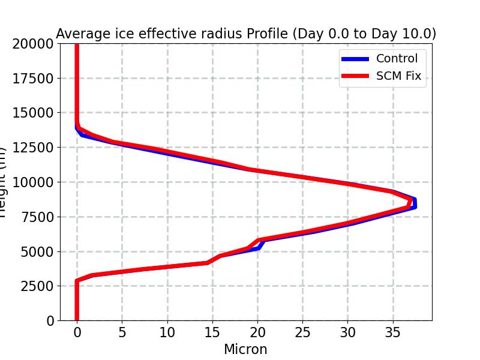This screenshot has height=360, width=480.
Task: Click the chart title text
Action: tap(245, 34)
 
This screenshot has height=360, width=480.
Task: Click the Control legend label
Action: tap(396, 59)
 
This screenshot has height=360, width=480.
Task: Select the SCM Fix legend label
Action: tap(398, 76)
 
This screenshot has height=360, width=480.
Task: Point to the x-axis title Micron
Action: tap(245, 349)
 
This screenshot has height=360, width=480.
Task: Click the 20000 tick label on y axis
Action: tap(32, 44)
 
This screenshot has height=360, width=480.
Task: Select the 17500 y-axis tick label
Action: tap(32, 79)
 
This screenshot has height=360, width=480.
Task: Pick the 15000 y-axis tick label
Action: tap(32, 113)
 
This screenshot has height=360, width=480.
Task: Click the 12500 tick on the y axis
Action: tap(32, 148)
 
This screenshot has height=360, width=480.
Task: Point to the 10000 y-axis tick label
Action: tap(32, 182)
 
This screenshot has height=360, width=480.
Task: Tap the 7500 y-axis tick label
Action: tap(37, 217)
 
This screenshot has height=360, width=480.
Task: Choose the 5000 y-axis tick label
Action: tap(37, 251)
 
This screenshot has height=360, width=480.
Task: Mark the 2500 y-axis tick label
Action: tap(37, 286)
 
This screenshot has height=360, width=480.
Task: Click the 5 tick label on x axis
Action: tap(122, 332)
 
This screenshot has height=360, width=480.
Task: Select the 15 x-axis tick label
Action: tap(212, 332)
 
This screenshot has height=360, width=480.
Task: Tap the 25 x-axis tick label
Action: tap(302, 332)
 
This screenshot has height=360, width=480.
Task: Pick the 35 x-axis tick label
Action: tap(392, 332)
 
